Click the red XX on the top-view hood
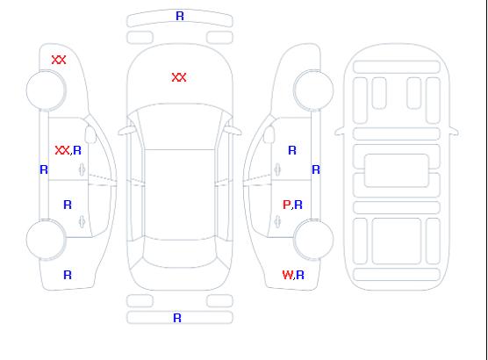point(179,77)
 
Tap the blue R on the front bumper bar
point(180,16)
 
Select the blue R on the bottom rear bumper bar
point(177,318)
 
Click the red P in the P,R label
point(286,205)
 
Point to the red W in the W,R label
point(288,275)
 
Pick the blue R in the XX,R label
point(77,150)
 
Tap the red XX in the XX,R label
point(62,150)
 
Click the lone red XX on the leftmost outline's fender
point(59,60)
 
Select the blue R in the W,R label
point(300,275)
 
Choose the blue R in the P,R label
point(298,205)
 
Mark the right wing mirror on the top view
point(233,131)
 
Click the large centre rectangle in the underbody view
point(397,170)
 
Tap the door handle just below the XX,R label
point(82,169)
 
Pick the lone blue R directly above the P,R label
point(292,150)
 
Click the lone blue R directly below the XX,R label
point(68,205)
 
